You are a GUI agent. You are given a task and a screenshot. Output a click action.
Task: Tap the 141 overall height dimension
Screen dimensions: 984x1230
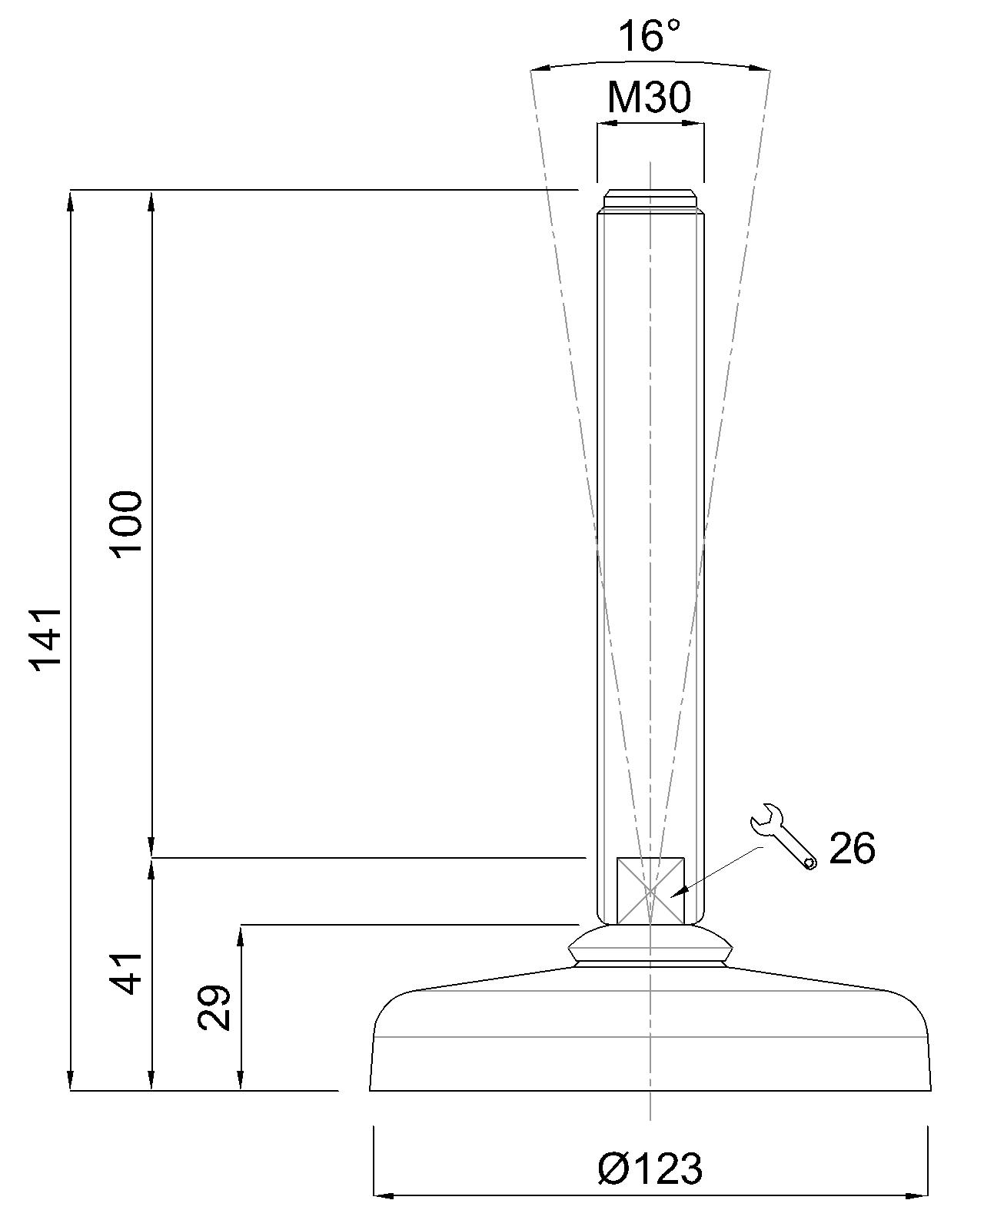coord(46,639)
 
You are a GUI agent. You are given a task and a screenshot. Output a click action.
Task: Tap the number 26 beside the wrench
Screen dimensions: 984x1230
coord(852,848)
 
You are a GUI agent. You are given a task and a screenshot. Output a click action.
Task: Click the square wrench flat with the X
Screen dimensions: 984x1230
coord(650,890)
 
